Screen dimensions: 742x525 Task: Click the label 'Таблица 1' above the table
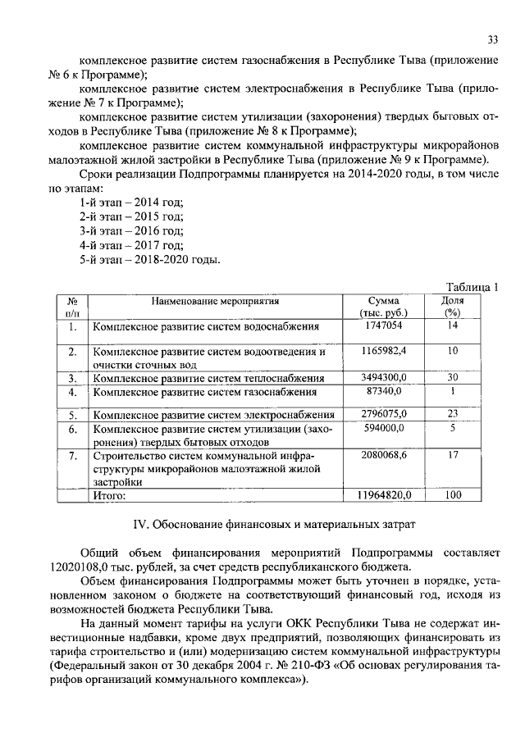pos(472,286)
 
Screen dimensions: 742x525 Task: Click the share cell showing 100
pos(452,495)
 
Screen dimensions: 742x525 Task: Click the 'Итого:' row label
pos(108,495)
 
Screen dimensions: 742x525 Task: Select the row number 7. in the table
pos(72,454)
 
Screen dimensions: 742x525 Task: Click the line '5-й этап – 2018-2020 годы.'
pos(149,260)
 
